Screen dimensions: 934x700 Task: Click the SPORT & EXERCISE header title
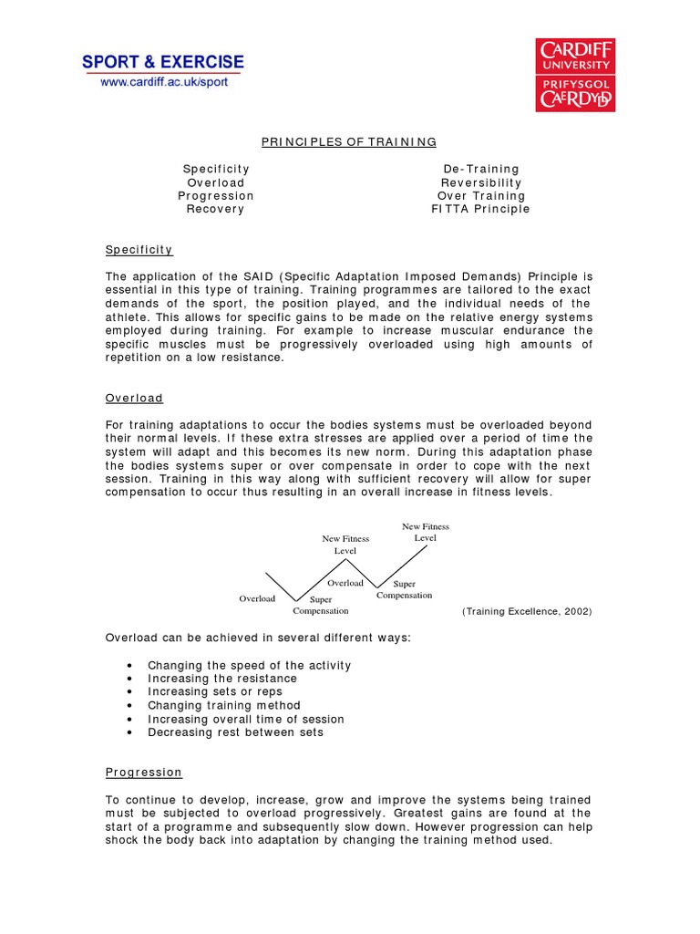pyautogui.click(x=163, y=62)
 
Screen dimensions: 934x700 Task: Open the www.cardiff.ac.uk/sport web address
pyautogui.click(x=164, y=82)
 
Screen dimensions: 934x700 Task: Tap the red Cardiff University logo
pyautogui.click(x=574, y=75)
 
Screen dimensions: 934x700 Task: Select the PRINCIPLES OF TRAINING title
pyautogui.click(x=349, y=141)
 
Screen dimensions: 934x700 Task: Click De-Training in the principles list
pyautogui.click(x=480, y=169)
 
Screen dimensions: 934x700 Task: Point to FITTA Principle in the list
pyautogui.click(x=480, y=209)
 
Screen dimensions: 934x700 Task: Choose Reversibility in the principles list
pyautogui.click(x=481, y=182)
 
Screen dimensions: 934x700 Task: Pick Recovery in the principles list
pyautogui.click(x=216, y=209)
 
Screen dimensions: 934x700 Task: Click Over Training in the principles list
pyautogui.click(x=481, y=195)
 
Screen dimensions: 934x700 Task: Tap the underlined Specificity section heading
pyautogui.click(x=139, y=249)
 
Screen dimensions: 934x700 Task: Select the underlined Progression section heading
pyautogui.click(x=144, y=773)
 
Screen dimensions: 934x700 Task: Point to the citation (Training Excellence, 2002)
pyautogui.click(x=527, y=612)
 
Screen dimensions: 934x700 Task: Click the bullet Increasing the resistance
pyautogui.click(x=222, y=679)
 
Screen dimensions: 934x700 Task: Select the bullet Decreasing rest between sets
pyautogui.click(x=235, y=732)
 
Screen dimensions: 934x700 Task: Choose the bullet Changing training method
pyautogui.click(x=224, y=705)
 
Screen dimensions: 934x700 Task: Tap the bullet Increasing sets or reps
pyautogui.click(x=215, y=692)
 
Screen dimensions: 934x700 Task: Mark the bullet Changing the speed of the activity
pyautogui.click(x=249, y=666)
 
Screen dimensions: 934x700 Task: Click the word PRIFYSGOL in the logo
pyautogui.click(x=574, y=80)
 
